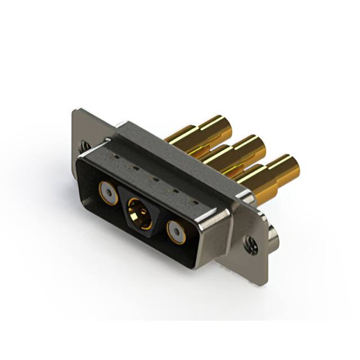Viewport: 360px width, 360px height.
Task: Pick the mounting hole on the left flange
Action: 84,145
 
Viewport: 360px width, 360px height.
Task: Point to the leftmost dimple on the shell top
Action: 118,158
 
